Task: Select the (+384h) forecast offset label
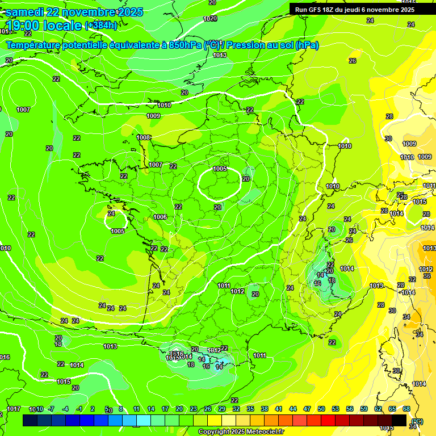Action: click(x=101, y=26)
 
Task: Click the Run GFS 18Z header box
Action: click(x=355, y=9)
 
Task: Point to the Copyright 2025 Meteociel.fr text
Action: click(x=241, y=431)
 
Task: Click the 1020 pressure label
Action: click(x=210, y=19)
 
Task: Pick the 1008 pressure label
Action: click(x=144, y=137)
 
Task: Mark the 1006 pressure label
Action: click(x=160, y=217)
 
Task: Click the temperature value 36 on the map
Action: click(x=427, y=276)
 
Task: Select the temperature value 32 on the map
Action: click(x=412, y=279)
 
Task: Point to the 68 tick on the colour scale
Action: click(x=406, y=409)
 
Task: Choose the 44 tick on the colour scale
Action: click(x=293, y=409)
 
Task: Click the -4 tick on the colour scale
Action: click(x=65, y=409)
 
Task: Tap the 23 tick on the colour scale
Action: click(x=194, y=409)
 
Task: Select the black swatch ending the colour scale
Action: click(x=399, y=420)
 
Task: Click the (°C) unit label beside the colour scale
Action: click(x=417, y=421)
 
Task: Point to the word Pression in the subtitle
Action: click(x=246, y=45)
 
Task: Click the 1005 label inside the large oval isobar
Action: click(x=220, y=169)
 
